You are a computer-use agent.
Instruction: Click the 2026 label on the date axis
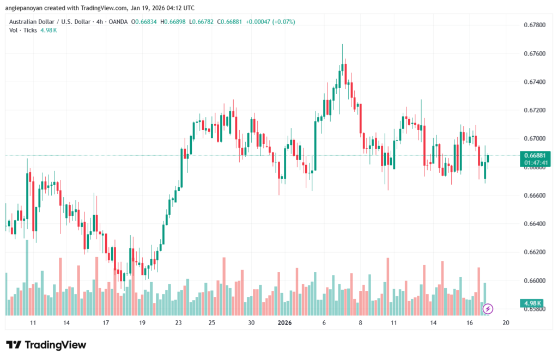click(284, 323)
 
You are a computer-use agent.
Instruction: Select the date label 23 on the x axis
click(178, 323)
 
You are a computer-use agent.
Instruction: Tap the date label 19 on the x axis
click(142, 323)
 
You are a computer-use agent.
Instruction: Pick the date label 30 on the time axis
click(251, 323)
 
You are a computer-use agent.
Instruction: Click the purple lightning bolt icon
click(488, 309)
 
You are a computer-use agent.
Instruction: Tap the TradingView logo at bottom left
click(46, 345)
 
